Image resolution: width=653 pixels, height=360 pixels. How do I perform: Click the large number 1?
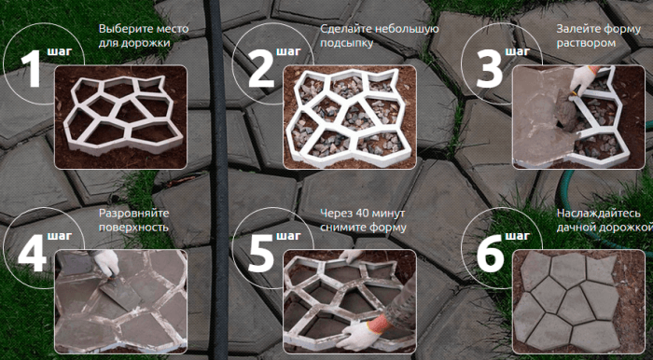pos(31,69)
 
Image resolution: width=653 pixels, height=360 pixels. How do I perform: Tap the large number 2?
pos(261,69)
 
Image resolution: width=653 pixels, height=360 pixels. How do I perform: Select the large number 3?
pos(490,69)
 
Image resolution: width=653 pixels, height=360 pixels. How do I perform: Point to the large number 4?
pos(31,254)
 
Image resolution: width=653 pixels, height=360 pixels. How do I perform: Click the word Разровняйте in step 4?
pos(133,214)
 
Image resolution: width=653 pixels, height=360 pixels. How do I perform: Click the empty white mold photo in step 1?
pos(120,117)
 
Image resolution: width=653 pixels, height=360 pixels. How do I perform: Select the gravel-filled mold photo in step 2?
pos(350,117)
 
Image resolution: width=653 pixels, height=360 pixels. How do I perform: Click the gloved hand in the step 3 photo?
pos(583,79)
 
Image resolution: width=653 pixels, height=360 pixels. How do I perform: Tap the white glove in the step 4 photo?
pos(105,263)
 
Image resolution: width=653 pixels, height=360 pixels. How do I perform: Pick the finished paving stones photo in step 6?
pos(578,302)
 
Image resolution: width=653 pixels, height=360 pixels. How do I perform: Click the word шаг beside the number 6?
pos(517,236)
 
